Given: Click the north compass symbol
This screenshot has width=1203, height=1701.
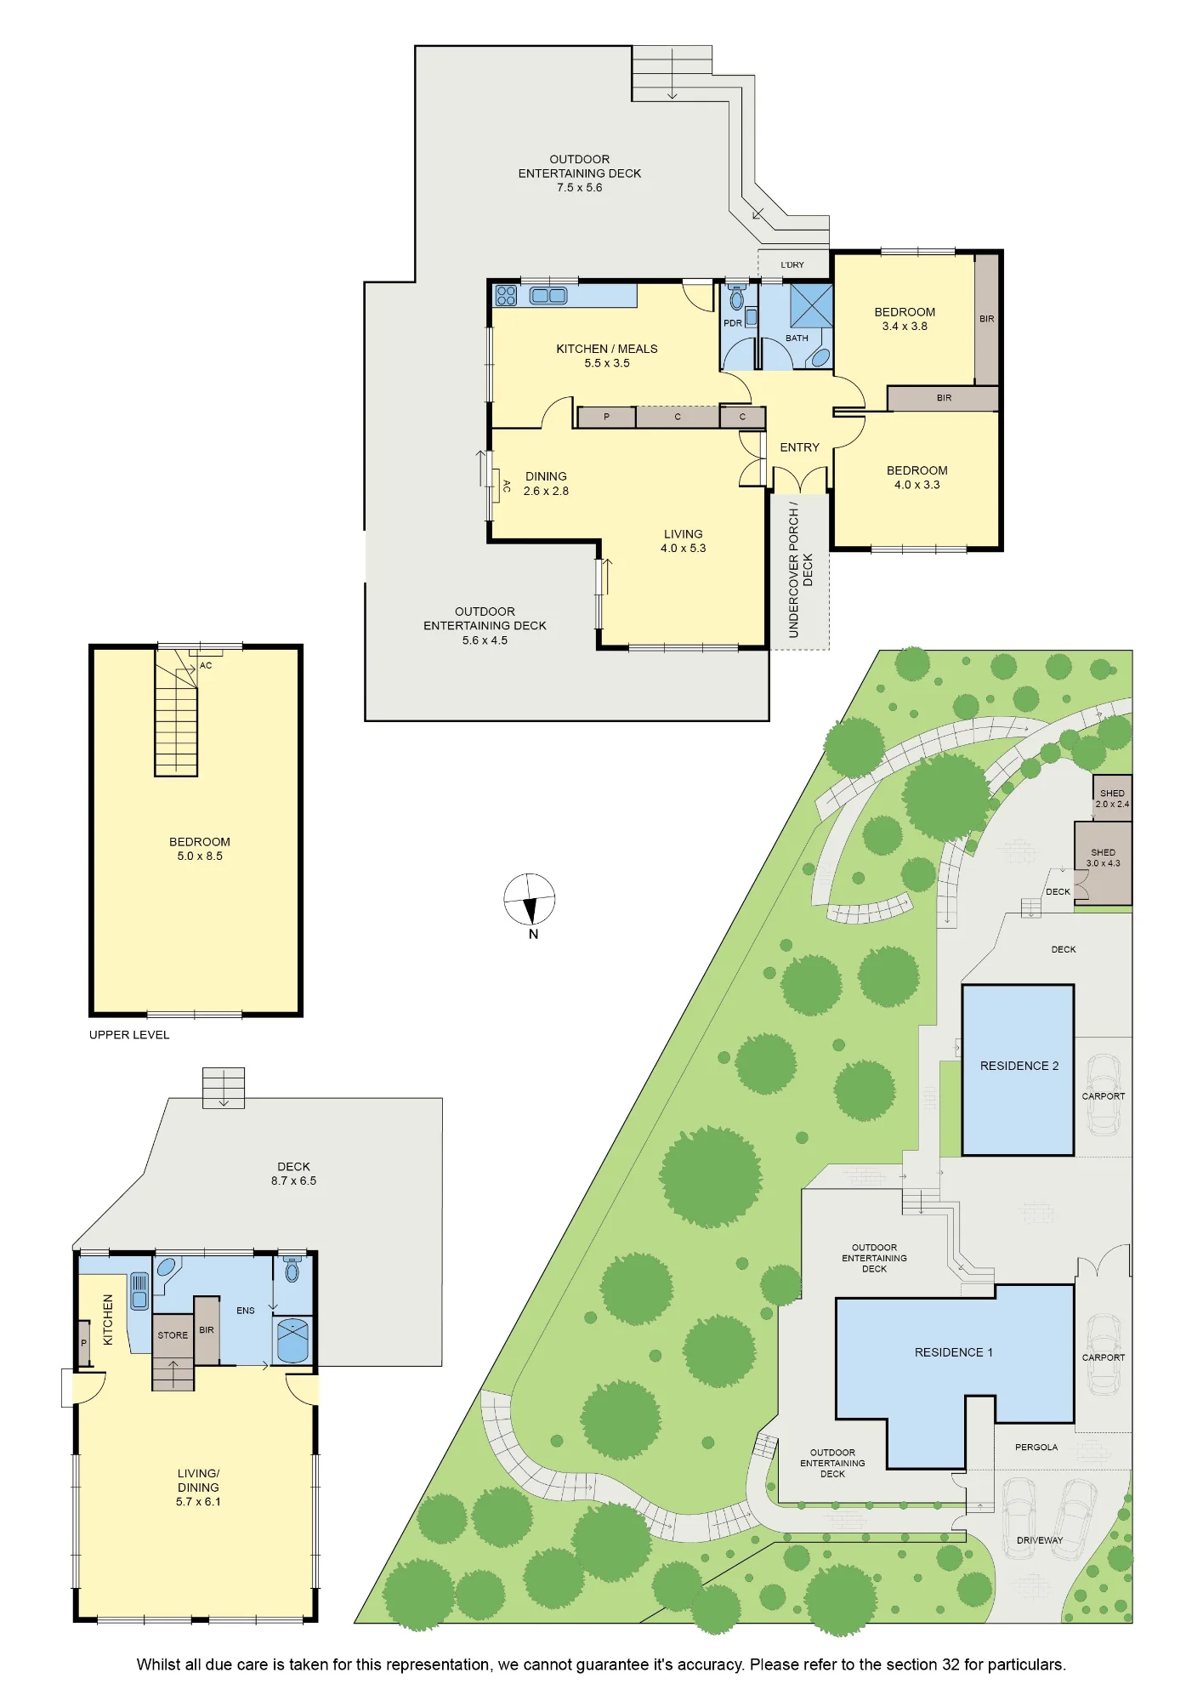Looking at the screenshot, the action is [x=530, y=900].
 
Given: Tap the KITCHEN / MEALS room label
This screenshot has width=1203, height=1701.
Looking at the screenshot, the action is [x=607, y=349].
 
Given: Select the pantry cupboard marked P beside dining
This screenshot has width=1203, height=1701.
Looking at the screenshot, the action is [x=606, y=417].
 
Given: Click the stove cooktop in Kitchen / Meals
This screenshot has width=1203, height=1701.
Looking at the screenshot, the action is [x=507, y=295].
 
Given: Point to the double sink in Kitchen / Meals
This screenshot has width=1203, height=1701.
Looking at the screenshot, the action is [x=548, y=296].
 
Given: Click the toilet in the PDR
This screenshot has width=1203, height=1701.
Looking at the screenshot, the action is [x=736, y=297].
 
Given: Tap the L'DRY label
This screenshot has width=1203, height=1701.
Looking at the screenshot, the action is [x=792, y=265].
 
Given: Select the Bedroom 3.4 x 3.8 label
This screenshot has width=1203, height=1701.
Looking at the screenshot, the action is [x=905, y=319].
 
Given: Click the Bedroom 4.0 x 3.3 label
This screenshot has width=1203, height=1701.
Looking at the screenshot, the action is [x=916, y=477].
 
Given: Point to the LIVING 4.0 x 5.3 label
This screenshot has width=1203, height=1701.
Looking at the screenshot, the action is [x=684, y=541].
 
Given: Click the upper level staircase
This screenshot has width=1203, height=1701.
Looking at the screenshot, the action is [x=176, y=713].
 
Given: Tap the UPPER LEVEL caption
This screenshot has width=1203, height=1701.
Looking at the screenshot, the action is [x=129, y=1035].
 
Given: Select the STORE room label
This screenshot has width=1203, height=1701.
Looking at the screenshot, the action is [x=173, y=1335].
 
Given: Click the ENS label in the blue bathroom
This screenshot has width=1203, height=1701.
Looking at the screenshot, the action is [x=246, y=1311].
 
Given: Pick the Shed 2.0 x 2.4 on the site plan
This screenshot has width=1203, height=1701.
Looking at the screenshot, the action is [x=1112, y=798].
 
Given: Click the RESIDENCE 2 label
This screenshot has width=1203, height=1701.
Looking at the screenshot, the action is [x=1019, y=1066].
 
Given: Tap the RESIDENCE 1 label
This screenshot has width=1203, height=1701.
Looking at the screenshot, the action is [x=954, y=1352].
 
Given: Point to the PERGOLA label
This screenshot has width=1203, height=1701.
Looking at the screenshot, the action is [x=1036, y=1447].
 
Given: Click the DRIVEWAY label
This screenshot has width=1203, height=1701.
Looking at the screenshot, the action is [x=1040, y=1540].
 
